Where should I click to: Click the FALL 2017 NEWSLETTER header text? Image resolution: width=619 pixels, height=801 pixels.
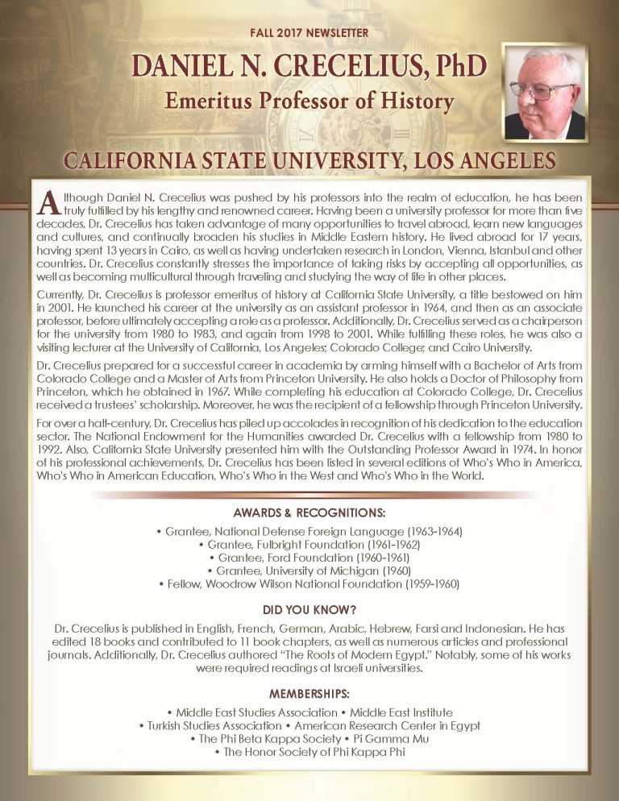pos(309,33)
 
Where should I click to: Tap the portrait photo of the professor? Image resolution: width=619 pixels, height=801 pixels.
pos(544,92)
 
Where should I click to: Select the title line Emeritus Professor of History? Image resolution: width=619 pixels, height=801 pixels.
pos(309,102)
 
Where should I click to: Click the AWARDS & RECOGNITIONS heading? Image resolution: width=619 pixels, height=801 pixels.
pos(309,513)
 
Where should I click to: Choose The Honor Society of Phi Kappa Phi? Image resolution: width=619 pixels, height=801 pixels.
pos(309,752)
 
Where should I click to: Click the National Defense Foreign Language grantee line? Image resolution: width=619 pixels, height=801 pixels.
pos(309,533)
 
